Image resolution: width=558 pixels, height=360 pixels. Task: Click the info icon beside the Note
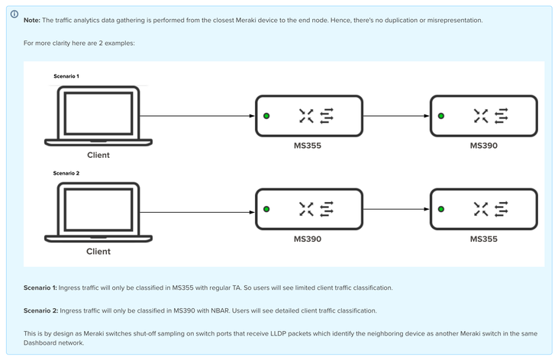14,14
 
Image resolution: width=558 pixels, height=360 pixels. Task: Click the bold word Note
32,20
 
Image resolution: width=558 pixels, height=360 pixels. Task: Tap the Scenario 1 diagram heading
66,76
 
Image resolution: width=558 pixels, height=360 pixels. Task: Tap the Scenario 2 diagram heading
66,173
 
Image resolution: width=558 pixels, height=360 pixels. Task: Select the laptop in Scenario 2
98,211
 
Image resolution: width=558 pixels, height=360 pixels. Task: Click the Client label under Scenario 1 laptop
98,155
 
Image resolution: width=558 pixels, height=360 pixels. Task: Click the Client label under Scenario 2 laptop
98,251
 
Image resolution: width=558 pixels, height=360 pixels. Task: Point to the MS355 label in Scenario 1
308,145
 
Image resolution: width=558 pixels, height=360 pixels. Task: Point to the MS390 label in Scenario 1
483,145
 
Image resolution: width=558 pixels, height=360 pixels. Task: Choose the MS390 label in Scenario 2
308,239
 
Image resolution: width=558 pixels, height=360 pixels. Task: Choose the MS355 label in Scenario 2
483,239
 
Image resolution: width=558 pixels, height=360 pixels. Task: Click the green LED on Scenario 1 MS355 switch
266,116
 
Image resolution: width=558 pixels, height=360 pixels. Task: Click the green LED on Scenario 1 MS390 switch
441,116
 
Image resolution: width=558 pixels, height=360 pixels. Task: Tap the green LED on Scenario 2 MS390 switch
266,209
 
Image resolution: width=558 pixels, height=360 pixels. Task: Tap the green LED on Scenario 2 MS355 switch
441,209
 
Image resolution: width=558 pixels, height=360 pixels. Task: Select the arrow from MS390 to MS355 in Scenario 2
395,209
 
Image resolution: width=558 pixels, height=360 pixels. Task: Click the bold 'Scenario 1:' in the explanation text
40,288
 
